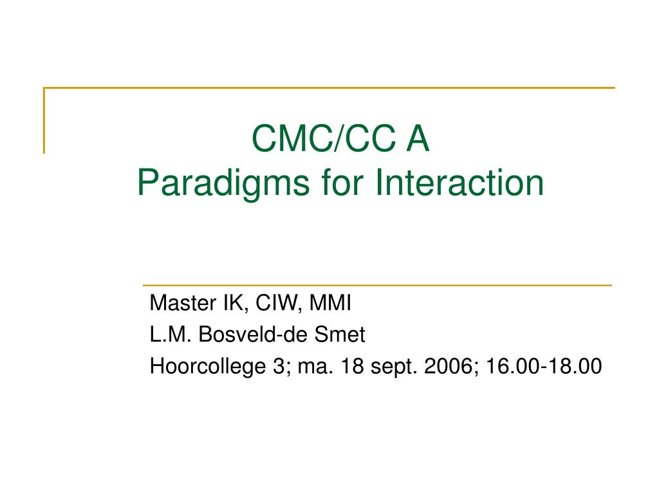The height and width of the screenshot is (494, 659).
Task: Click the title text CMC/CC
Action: (324, 138)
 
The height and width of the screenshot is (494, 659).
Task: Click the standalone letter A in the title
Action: (417, 138)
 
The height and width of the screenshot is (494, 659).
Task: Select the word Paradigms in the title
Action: (223, 183)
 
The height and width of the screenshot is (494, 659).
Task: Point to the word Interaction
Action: (459, 183)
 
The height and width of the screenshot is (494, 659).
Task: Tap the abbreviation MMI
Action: (330, 302)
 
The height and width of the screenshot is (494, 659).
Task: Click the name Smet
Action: (340, 334)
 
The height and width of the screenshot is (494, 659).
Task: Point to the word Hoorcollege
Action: (208, 366)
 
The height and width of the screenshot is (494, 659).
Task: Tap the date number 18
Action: (352, 366)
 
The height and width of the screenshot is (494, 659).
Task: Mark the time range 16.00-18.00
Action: (544, 366)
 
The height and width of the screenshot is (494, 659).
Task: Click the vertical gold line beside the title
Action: (44, 120)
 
